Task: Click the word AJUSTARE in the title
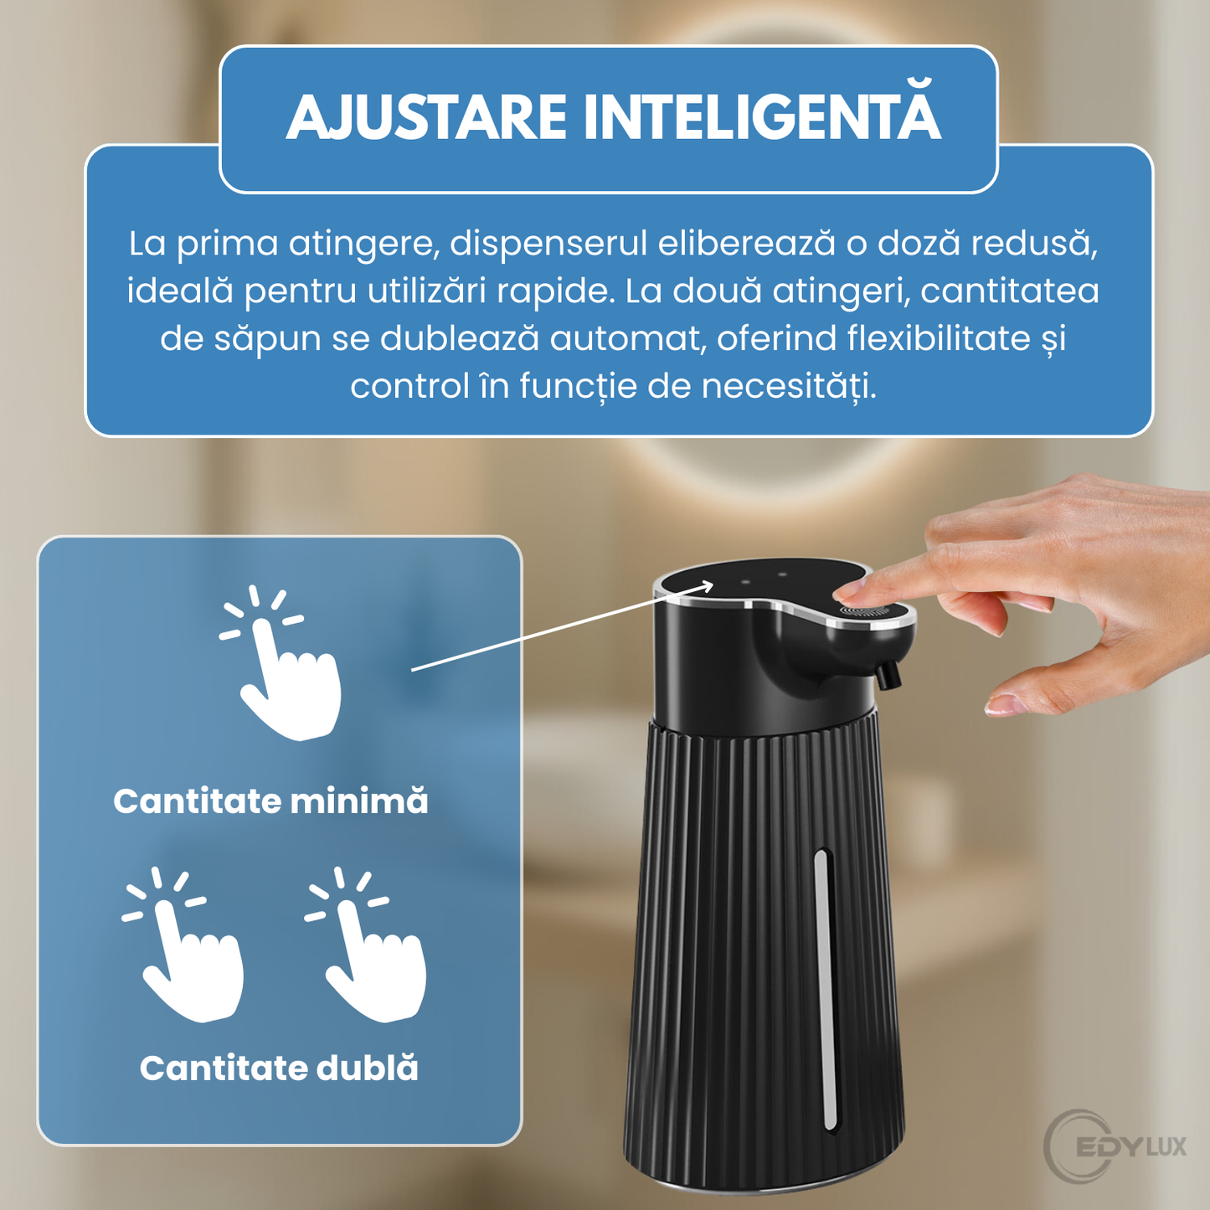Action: click(427, 118)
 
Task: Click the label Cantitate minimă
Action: click(270, 801)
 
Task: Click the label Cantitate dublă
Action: click(279, 1068)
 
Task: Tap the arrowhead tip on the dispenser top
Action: click(711, 583)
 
